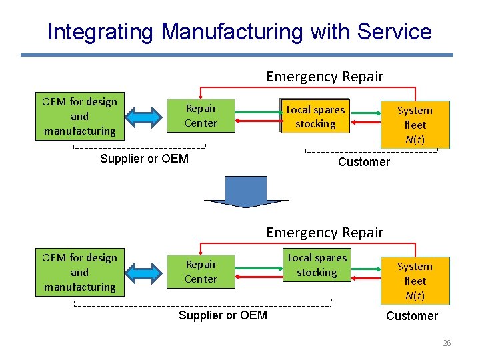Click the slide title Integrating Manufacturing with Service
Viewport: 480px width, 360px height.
[239, 31]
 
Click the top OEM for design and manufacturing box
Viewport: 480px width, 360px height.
[79, 117]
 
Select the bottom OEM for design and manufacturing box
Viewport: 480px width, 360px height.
[79, 273]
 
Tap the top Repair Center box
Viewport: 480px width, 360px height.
[201, 116]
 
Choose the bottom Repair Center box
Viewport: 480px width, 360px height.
[201, 272]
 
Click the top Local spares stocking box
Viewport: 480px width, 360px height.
[315, 117]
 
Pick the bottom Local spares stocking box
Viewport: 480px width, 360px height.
[317, 265]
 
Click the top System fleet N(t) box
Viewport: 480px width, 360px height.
[415, 125]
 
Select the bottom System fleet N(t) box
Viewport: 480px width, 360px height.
[415, 281]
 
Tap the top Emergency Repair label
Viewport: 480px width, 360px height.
[325, 77]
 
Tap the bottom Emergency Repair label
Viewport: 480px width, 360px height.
[325, 233]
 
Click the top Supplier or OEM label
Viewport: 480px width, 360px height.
[144, 159]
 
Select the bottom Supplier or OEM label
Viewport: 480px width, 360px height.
[223, 315]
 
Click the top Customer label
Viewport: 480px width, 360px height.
[364, 162]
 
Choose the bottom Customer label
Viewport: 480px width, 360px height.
[412, 316]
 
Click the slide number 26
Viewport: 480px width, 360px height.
[447, 343]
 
